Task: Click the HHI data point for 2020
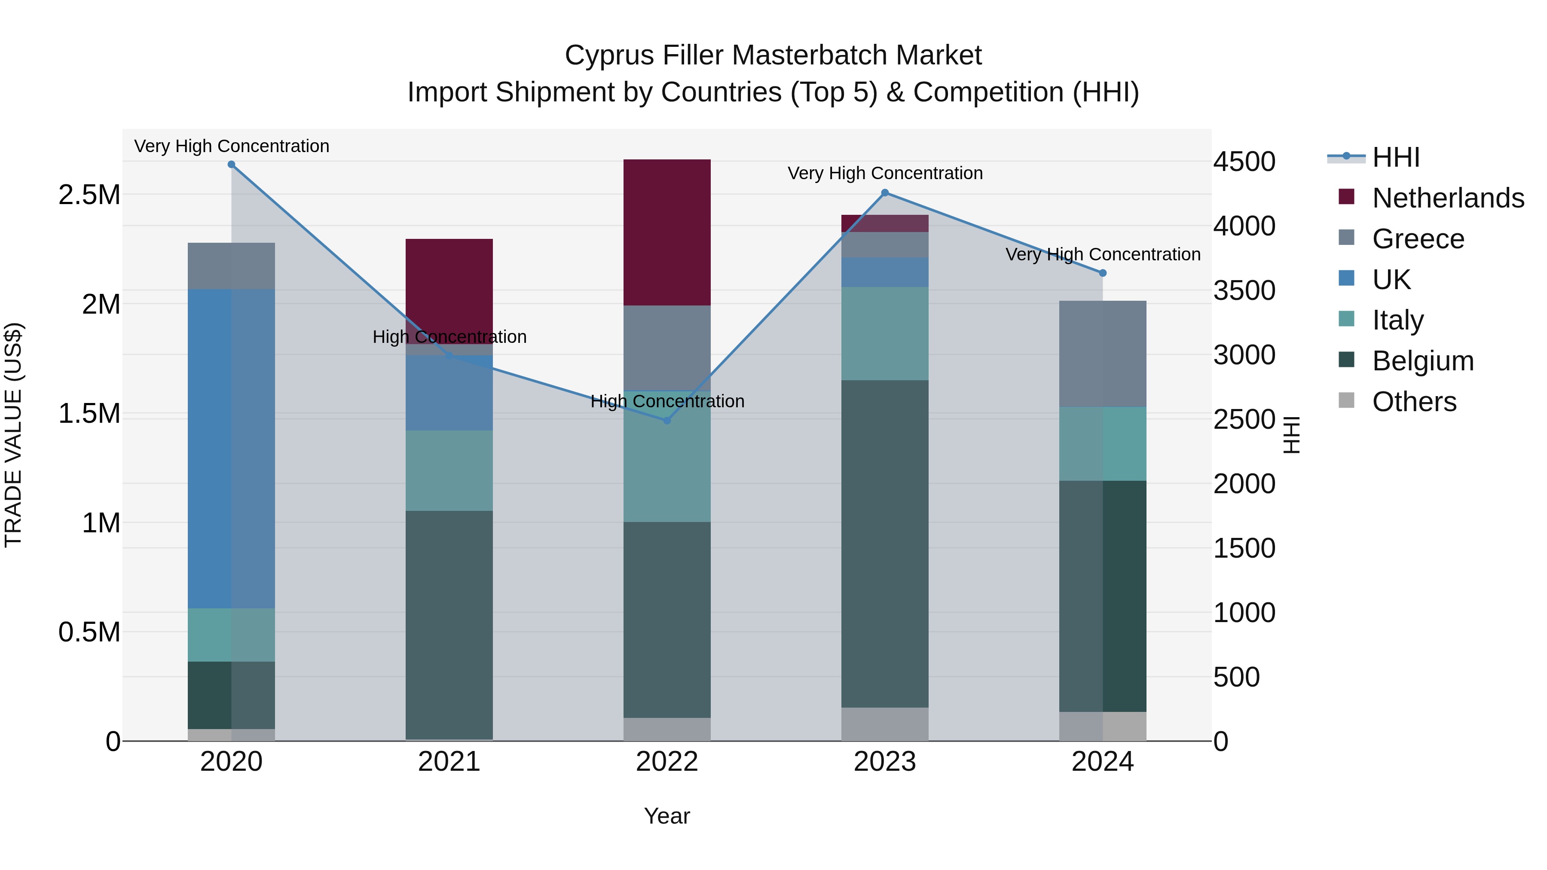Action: click(231, 165)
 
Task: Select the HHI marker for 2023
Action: click(885, 193)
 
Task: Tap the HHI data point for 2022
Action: click(666, 420)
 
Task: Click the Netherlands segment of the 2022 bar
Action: click(666, 232)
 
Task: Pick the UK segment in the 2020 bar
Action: click(231, 449)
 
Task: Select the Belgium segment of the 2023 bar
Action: click(885, 543)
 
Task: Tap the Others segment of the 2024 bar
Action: click(1103, 726)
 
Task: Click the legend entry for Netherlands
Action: click(1447, 198)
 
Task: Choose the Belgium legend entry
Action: click(1422, 361)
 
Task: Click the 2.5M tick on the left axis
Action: click(89, 195)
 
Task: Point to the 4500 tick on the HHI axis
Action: click(1244, 162)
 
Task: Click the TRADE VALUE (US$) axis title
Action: click(13, 435)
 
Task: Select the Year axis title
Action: click(666, 816)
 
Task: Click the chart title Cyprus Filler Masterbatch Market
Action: click(773, 55)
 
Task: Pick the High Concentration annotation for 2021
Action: click(449, 337)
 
